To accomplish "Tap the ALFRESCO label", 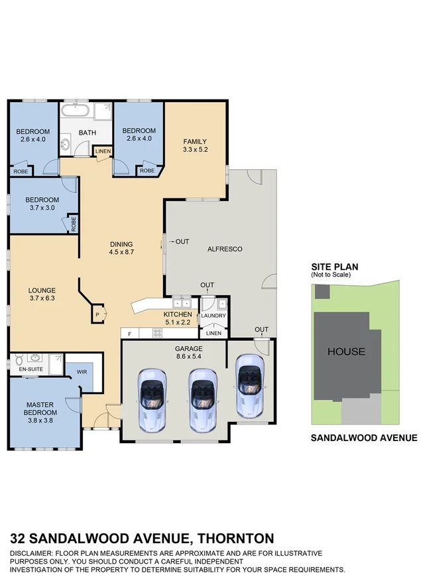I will [225, 249].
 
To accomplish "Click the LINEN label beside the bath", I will [103, 152].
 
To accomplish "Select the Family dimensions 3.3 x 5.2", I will [195, 150].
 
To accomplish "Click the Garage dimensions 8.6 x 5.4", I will [188, 356].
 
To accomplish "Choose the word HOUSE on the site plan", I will [345, 352].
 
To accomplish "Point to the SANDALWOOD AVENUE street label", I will [364, 438].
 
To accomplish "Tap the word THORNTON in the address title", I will [235, 538].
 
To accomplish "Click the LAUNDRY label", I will [214, 316].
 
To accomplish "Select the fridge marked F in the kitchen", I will [130, 334].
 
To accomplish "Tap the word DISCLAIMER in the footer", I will [34, 552].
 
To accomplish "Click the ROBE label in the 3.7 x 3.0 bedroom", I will [73, 224].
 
